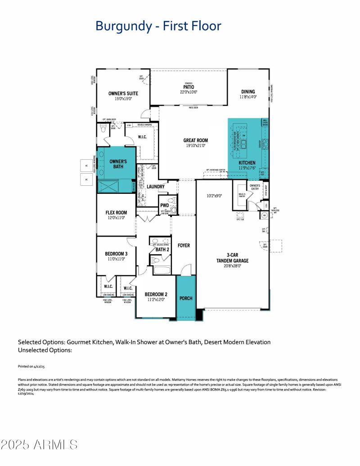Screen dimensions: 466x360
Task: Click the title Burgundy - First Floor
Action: [158, 26]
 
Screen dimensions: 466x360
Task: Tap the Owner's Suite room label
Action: [123, 94]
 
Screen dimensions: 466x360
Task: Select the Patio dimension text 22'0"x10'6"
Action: [189, 92]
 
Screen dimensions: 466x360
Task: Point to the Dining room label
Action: [247, 91]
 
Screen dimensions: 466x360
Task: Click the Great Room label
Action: [195, 140]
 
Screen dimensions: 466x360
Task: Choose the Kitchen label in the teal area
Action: [247, 163]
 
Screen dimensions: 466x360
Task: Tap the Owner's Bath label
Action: [118, 164]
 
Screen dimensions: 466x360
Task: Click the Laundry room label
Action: [156, 186]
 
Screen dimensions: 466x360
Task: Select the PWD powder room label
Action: [165, 205]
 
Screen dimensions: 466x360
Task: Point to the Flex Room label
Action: [116, 213]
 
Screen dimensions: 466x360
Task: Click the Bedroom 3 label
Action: [116, 254]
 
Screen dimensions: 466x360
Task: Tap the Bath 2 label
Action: [162, 249]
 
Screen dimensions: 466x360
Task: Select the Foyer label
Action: [184, 246]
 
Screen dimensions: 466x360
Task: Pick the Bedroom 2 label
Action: [155, 295]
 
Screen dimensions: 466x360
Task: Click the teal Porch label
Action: [186, 298]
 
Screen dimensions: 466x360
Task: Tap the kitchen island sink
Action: [244, 144]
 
